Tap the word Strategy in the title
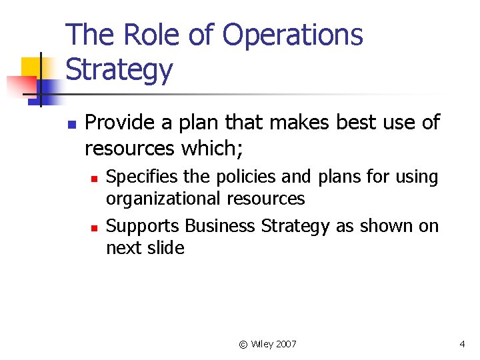tap(119, 70)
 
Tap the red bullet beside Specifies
tap(95, 179)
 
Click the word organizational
tap(163, 199)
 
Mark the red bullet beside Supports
tap(95, 228)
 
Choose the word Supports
tap(142, 227)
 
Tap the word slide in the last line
tap(167, 248)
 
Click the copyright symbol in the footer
tap(243, 344)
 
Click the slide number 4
tap(461, 344)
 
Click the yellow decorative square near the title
tap(31, 68)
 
